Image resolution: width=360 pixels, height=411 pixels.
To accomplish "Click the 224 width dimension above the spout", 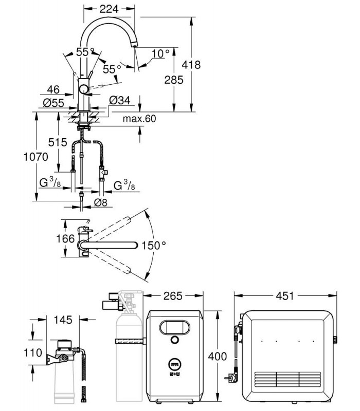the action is [x=109, y=9].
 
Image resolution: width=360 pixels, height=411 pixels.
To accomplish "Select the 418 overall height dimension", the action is [x=191, y=65].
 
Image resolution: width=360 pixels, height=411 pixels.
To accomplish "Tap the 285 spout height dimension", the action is [x=174, y=80].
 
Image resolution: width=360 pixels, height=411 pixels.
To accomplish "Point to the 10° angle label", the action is [x=160, y=53].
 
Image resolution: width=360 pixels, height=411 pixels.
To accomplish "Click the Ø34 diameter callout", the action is [x=120, y=100].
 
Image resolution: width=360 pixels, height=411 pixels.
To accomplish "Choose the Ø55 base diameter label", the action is [x=53, y=103].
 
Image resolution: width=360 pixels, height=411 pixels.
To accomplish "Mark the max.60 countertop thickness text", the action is [x=139, y=119].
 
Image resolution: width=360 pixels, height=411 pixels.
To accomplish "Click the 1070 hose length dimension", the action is [x=36, y=157].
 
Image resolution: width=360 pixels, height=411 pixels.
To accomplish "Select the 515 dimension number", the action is [x=58, y=142].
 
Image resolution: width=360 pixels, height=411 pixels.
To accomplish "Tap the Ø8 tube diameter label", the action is [x=101, y=202].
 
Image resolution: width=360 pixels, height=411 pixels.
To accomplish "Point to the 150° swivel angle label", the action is [x=154, y=246].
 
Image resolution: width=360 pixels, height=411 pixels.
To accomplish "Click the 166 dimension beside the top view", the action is [x=66, y=239].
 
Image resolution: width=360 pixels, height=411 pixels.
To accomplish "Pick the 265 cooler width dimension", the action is [x=173, y=296].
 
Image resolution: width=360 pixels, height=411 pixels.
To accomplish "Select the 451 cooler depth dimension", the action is [x=285, y=296].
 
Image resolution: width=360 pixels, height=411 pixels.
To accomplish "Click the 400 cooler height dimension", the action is [x=218, y=357].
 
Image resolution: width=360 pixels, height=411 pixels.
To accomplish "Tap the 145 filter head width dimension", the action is [x=63, y=320].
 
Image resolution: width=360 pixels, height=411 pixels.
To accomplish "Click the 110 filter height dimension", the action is [x=33, y=353].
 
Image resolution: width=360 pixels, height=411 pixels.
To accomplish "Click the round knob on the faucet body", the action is [x=84, y=89].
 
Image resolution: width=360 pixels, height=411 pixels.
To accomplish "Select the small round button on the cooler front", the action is [x=174, y=340].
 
